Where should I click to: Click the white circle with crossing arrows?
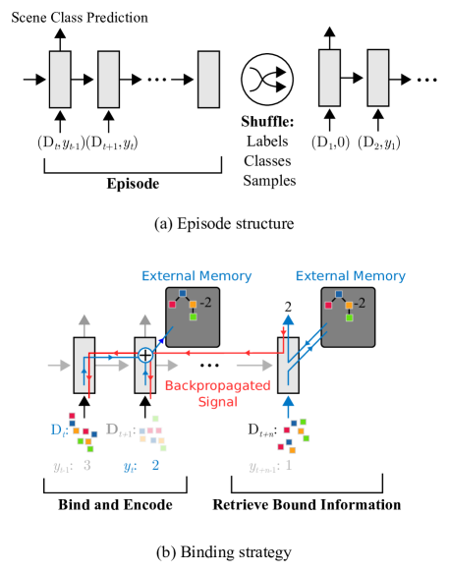(x=267, y=80)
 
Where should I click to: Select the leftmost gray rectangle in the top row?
(x=60, y=79)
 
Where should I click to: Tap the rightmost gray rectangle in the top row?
(x=378, y=78)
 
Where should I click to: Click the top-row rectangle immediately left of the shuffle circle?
(x=208, y=79)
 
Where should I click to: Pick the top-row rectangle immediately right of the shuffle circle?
(x=329, y=78)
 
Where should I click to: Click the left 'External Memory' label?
(x=196, y=276)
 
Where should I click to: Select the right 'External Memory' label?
(x=350, y=276)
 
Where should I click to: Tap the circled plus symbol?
(x=145, y=355)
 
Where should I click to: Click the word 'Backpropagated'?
(x=217, y=386)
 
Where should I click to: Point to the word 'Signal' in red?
(x=217, y=402)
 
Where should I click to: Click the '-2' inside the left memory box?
(x=205, y=303)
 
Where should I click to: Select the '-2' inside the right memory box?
(x=360, y=303)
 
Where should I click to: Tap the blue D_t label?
(x=59, y=430)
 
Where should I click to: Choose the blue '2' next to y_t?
(x=155, y=465)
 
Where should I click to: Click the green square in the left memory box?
(x=193, y=316)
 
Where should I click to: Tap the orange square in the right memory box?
(x=349, y=305)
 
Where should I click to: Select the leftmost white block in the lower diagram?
(x=84, y=366)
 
